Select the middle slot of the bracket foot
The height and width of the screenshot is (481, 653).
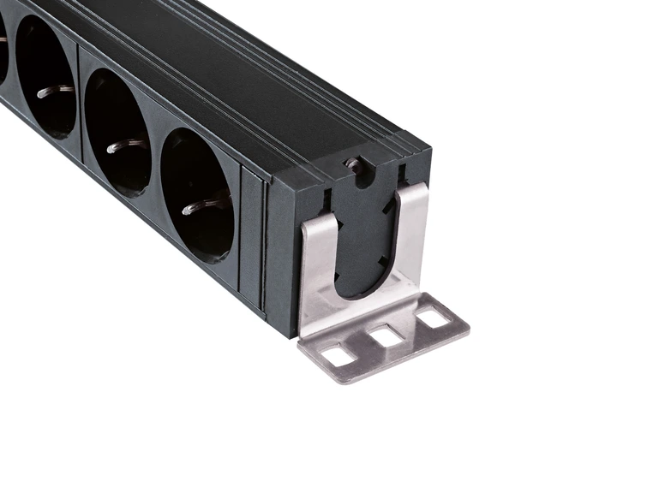(x=387, y=336)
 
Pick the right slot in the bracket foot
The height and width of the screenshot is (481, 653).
(x=431, y=319)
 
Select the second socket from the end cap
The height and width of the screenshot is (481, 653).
(x=117, y=133)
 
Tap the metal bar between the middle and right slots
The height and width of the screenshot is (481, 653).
(x=410, y=328)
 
